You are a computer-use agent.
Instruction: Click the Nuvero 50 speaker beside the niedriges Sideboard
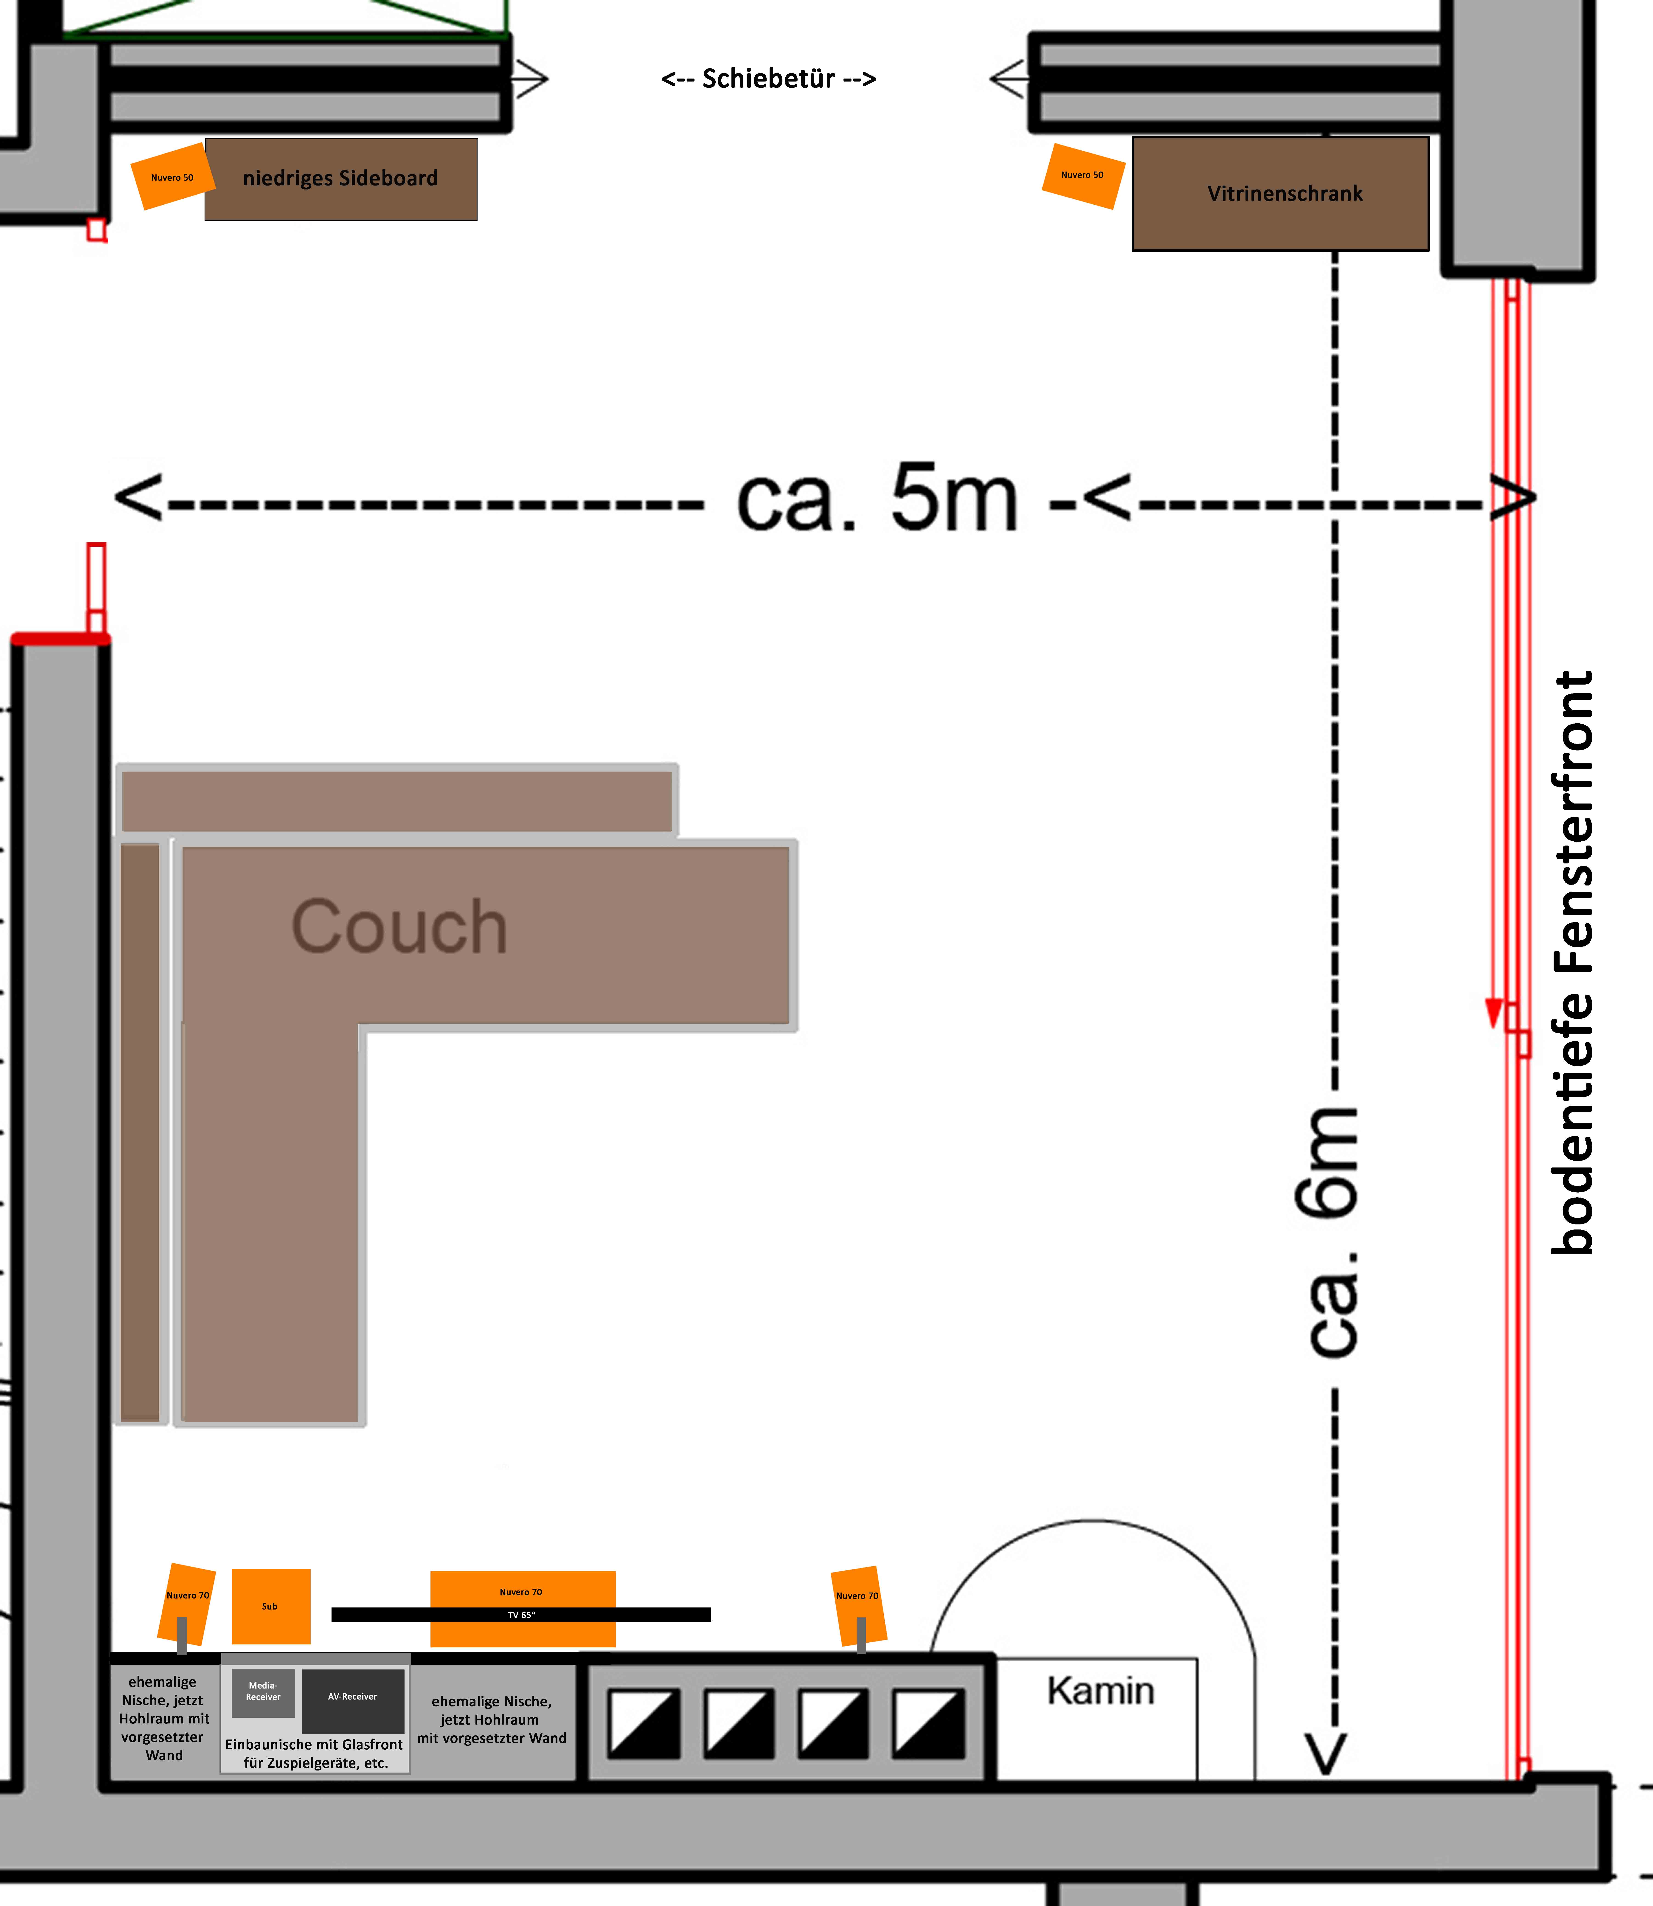click(x=172, y=177)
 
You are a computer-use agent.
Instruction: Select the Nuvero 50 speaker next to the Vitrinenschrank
click(x=1082, y=175)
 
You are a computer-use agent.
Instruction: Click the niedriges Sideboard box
click(x=340, y=179)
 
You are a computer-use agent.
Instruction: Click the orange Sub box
click(x=270, y=1606)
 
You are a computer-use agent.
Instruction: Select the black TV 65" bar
click(x=521, y=1614)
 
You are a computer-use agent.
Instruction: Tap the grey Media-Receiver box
click(x=263, y=1692)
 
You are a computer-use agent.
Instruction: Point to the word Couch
click(x=399, y=927)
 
